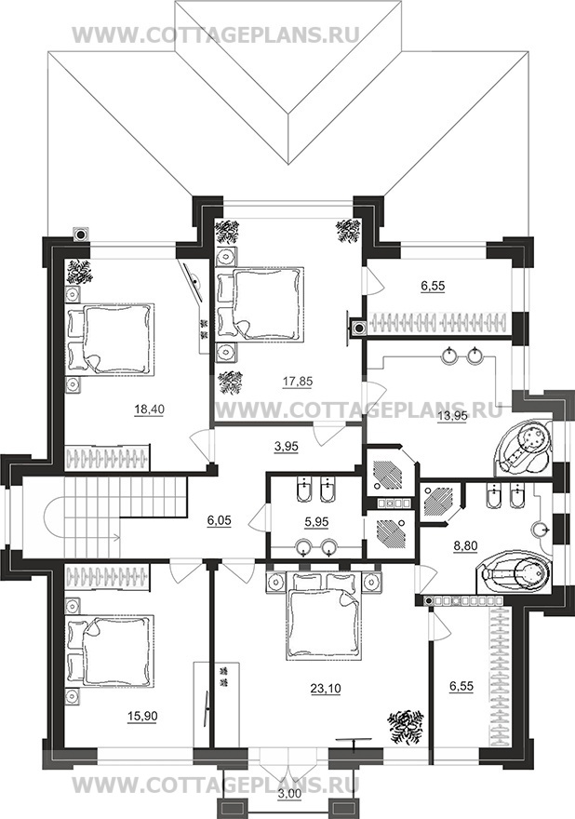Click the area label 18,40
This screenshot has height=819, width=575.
pyautogui.click(x=150, y=409)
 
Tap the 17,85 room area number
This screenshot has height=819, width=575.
pyautogui.click(x=298, y=382)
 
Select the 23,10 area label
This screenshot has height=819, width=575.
pyautogui.click(x=325, y=689)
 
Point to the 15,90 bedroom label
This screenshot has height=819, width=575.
pyautogui.click(x=142, y=716)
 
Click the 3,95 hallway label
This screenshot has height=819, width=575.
pyautogui.click(x=287, y=448)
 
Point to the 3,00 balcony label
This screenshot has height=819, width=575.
pyautogui.click(x=287, y=808)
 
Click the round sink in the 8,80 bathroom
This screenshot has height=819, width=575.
pyautogui.click(x=542, y=530)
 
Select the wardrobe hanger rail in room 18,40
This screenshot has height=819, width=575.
pyautogui.click(x=107, y=458)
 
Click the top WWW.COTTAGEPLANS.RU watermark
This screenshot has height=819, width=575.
pyautogui.click(x=215, y=34)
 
